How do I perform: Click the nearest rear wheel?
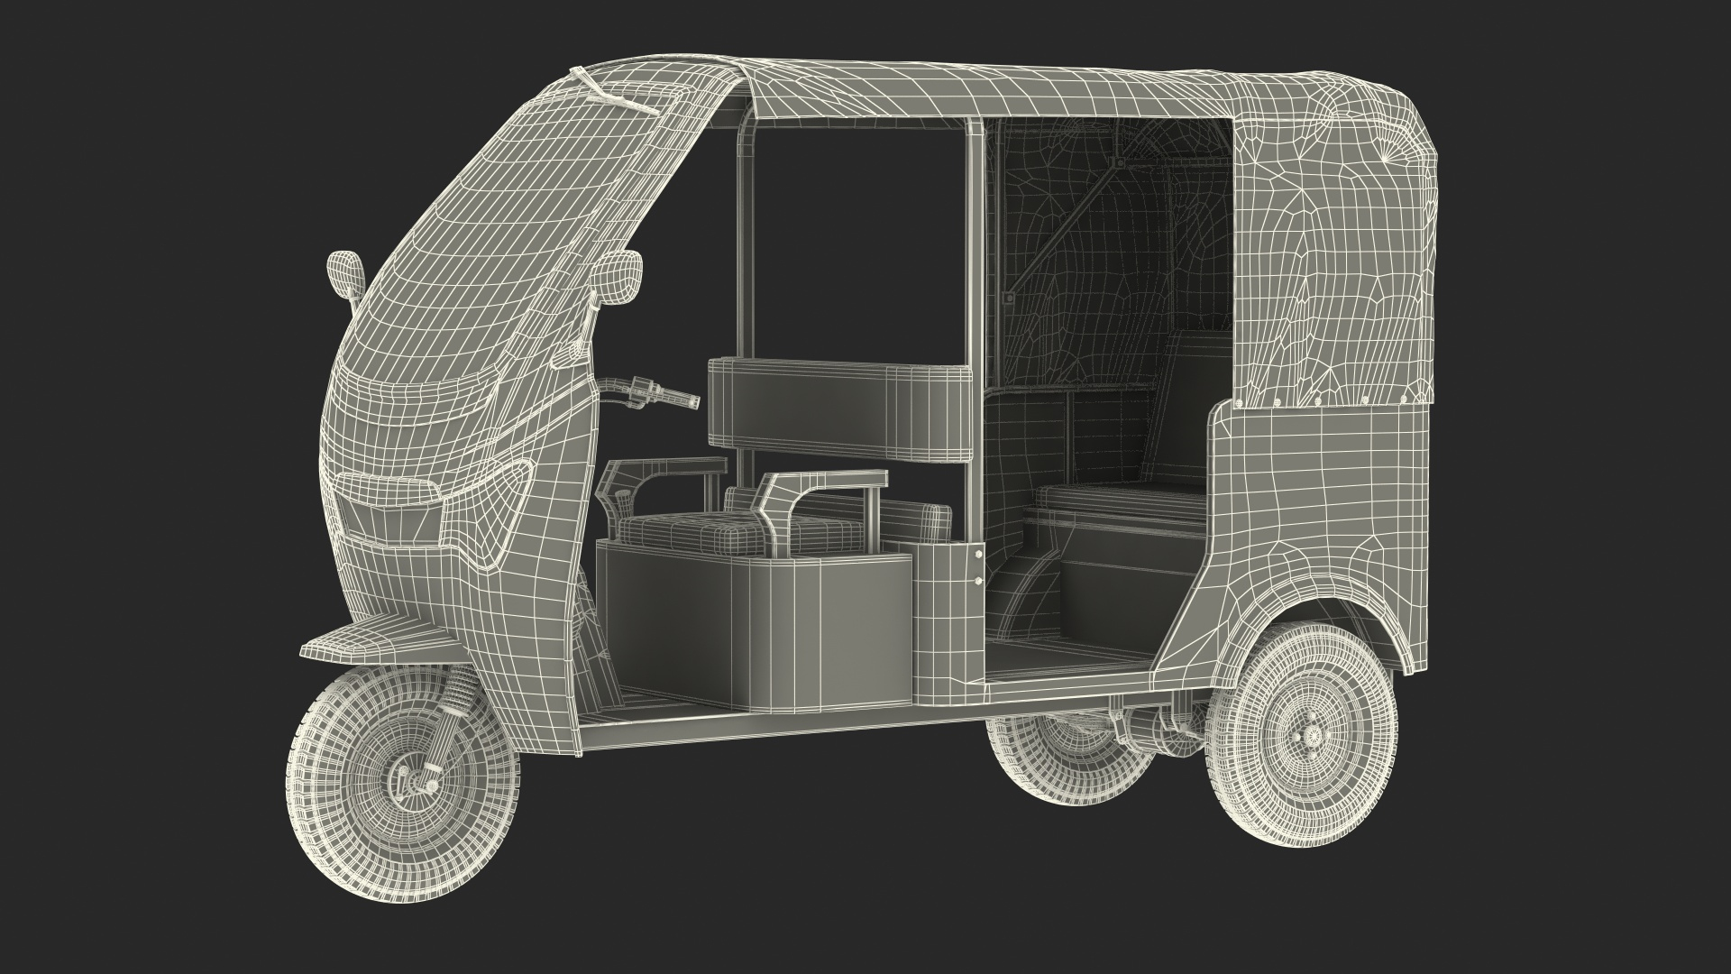point(1297,767)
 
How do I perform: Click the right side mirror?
point(618,274)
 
